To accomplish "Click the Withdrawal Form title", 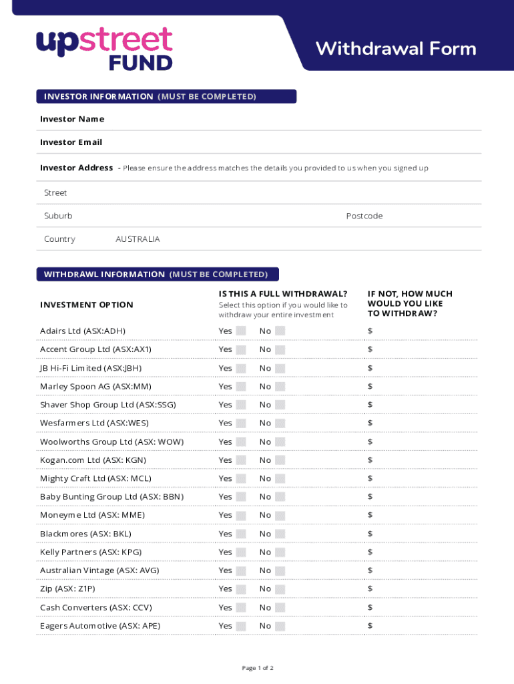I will pyautogui.click(x=396, y=49).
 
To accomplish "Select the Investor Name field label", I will pyautogui.click(x=72, y=119).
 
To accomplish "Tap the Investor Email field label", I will pyautogui.click(x=71, y=142).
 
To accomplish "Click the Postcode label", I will pyautogui.click(x=364, y=216).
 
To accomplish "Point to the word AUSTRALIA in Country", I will pyautogui.click(x=138, y=239).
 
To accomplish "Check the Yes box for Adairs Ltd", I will pyautogui.click(x=241, y=331).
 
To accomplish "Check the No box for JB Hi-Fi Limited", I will pyautogui.click(x=280, y=368).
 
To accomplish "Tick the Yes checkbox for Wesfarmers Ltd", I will pyautogui.click(x=241, y=423).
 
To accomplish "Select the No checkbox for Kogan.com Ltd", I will pyautogui.click(x=280, y=460).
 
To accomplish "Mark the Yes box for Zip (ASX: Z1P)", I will pyautogui.click(x=241, y=588).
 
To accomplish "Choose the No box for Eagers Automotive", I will pyautogui.click(x=280, y=626).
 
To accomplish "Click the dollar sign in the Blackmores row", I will pyautogui.click(x=370, y=534).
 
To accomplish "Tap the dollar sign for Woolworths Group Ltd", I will pyautogui.click(x=370, y=442).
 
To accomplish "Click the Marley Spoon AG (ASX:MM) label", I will pyautogui.click(x=95, y=387).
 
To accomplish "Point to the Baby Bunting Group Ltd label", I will pyautogui.click(x=111, y=497).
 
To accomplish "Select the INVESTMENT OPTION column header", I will pyautogui.click(x=87, y=305).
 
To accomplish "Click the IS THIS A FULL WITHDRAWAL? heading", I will pyautogui.click(x=282, y=294).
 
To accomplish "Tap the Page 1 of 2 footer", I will pyautogui.click(x=257, y=668).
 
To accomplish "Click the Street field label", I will pyautogui.click(x=55, y=192).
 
